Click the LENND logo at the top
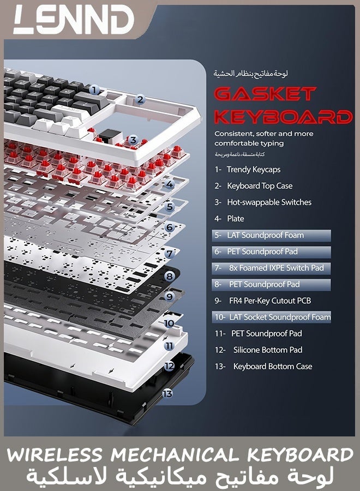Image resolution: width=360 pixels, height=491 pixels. coord(74,20)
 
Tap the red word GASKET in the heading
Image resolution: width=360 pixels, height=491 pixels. coord(265,94)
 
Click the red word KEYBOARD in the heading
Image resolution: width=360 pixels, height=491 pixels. coord(283,117)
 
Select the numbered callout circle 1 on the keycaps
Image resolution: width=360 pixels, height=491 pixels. coord(94,90)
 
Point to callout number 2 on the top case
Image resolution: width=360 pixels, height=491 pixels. coord(140,100)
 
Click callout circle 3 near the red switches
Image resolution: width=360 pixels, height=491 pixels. coord(133,140)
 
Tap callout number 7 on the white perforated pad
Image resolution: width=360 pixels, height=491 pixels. coord(169,253)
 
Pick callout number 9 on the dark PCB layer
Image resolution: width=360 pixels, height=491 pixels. coord(169,296)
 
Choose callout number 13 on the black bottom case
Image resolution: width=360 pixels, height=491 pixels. coord(167,393)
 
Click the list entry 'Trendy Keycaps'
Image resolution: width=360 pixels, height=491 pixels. coord(254,170)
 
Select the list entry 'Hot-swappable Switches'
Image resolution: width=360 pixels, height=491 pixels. coord(269,202)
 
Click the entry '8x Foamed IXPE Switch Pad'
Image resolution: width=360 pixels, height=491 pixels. coord(271,268)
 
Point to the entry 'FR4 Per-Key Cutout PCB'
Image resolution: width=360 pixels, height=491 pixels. coord(270,301)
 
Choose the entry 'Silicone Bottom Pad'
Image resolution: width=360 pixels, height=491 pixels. coord(268,350)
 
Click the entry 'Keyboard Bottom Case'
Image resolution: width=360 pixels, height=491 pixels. coord(273,367)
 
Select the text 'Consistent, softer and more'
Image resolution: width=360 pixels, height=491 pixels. coord(264,134)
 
